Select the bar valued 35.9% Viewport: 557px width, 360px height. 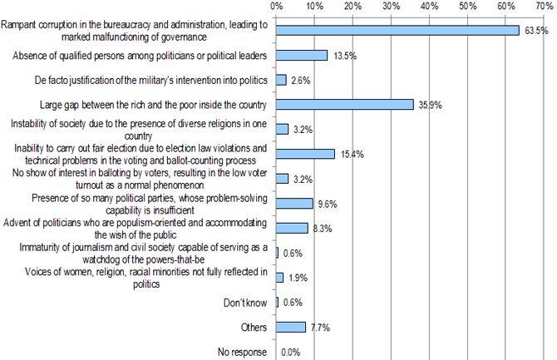tap(344, 105)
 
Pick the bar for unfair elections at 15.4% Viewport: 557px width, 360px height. tap(305, 154)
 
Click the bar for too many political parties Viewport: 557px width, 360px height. tap(294, 203)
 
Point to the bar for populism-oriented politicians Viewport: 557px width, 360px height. tap(292, 228)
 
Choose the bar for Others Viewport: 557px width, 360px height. tap(291, 327)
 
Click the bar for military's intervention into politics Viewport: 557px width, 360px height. tap(281, 80)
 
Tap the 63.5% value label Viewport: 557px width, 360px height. tap(537, 32)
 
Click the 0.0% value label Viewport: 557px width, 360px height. tap(291, 353)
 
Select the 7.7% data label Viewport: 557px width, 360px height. tap(320, 328)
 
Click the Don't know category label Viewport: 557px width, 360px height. tap(247, 303)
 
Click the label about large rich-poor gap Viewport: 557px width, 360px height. tap(152, 105)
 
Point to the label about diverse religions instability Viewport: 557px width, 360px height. tap(138, 129)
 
